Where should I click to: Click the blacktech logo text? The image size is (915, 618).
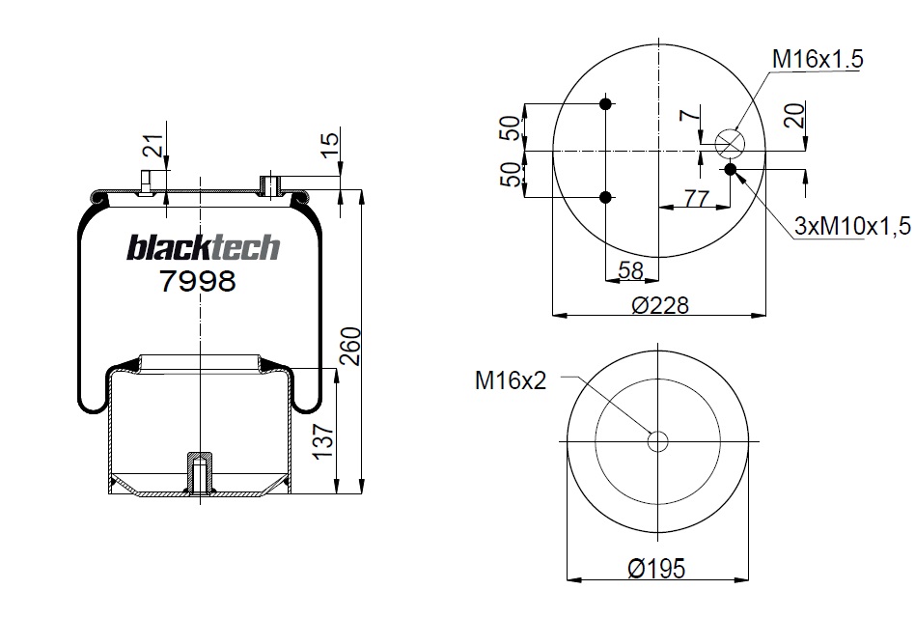pyautogui.click(x=203, y=248)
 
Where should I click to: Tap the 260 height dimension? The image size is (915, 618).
pyautogui.click(x=351, y=347)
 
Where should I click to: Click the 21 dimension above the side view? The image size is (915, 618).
pyautogui.click(x=152, y=148)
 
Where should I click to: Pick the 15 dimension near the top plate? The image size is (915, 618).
pyautogui.click(x=330, y=146)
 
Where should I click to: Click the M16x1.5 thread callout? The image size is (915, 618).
pyautogui.click(x=817, y=59)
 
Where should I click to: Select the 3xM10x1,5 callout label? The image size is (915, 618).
pyautogui.click(x=852, y=226)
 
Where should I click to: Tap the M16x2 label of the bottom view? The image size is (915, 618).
pyautogui.click(x=510, y=380)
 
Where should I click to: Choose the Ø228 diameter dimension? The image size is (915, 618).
pyautogui.click(x=660, y=305)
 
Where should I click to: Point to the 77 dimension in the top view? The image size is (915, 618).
pyautogui.click(x=696, y=198)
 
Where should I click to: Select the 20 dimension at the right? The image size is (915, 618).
pyautogui.click(x=793, y=116)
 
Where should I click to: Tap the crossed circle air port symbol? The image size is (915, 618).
pyautogui.click(x=730, y=144)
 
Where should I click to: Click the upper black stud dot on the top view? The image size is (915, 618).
pyautogui.click(x=605, y=104)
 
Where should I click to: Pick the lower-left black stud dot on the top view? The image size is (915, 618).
pyautogui.click(x=605, y=197)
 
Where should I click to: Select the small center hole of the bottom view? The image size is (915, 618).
pyautogui.click(x=657, y=442)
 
